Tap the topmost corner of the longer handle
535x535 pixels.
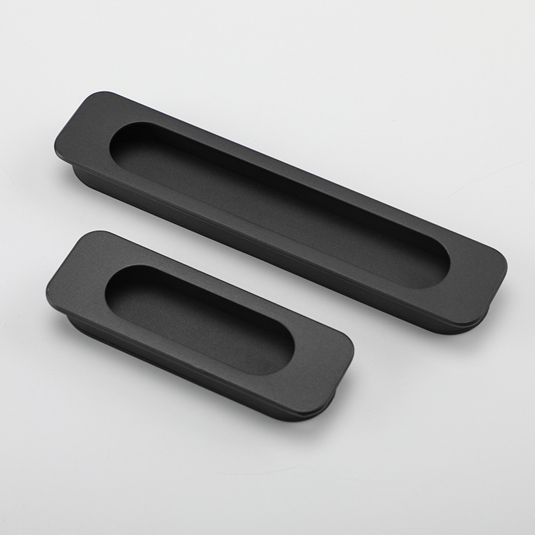coord(90,96)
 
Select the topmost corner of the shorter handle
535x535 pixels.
coord(84,234)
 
